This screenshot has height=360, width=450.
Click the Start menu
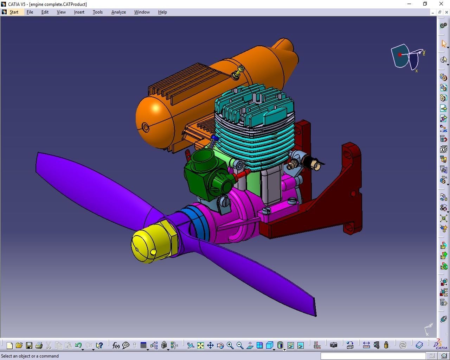[14, 12]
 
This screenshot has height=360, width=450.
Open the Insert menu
[79, 12]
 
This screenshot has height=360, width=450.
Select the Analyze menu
[118, 12]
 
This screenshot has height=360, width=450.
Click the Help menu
[162, 12]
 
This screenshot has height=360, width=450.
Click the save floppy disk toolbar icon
[29, 346]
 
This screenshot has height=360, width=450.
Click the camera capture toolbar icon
[333, 345]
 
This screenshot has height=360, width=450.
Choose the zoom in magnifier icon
[230, 345]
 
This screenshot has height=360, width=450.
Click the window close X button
[441, 4]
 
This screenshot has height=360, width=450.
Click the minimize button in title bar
[409, 4]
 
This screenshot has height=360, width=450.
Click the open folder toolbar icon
[19, 346]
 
